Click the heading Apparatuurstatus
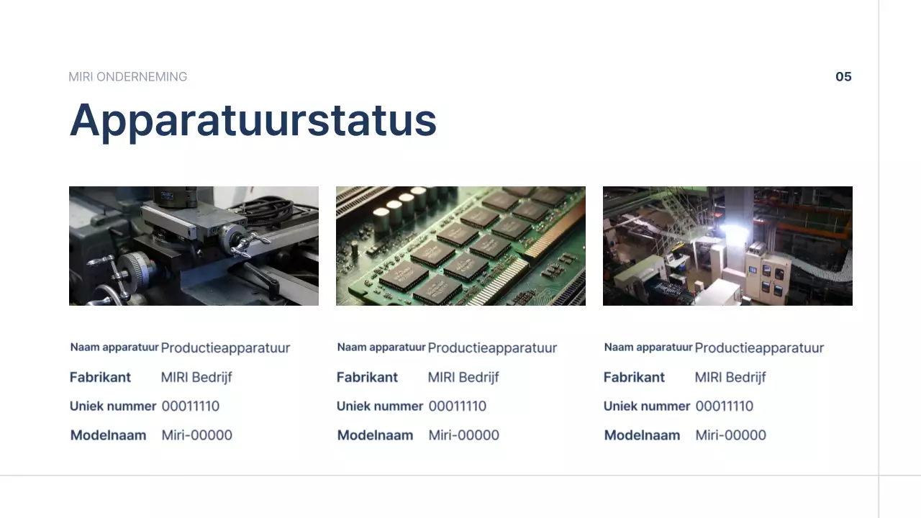(253, 119)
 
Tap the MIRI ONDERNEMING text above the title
(127, 77)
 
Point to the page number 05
(843, 77)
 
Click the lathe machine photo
(194, 246)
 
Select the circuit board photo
(460, 246)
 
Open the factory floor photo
(727, 246)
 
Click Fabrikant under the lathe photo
(100, 377)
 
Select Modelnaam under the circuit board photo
(375, 435)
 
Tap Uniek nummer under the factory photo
(646, 406)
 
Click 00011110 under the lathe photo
(190, 406)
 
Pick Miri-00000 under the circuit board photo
(463, 435)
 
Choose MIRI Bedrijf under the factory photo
(730, 377)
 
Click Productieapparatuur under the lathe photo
(225, 348)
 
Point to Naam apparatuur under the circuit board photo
(381, 347)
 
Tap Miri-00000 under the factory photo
(730, 435)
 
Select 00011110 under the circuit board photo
(457, 406)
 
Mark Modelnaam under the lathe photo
(108, 435)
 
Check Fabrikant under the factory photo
(634, 377)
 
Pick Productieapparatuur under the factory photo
(759, 348)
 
